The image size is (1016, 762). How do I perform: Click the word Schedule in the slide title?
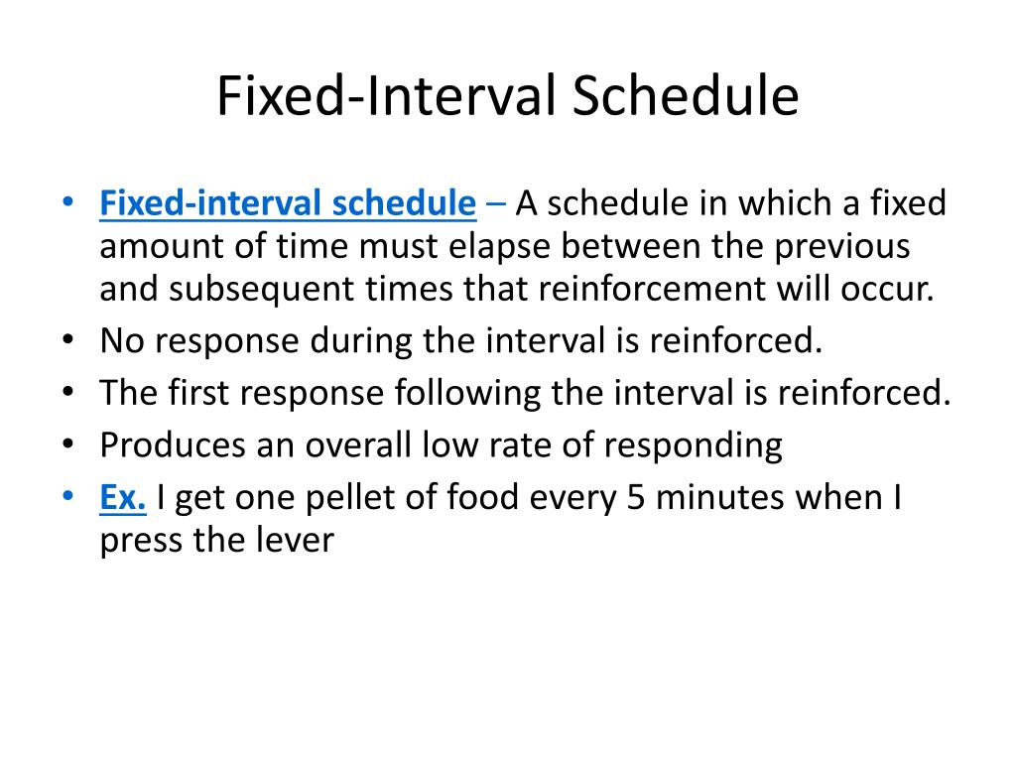pos(685,98)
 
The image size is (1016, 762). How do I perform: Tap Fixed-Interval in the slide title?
pos(387,98)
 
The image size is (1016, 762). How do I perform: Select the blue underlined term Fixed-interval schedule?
pos(288,204)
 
